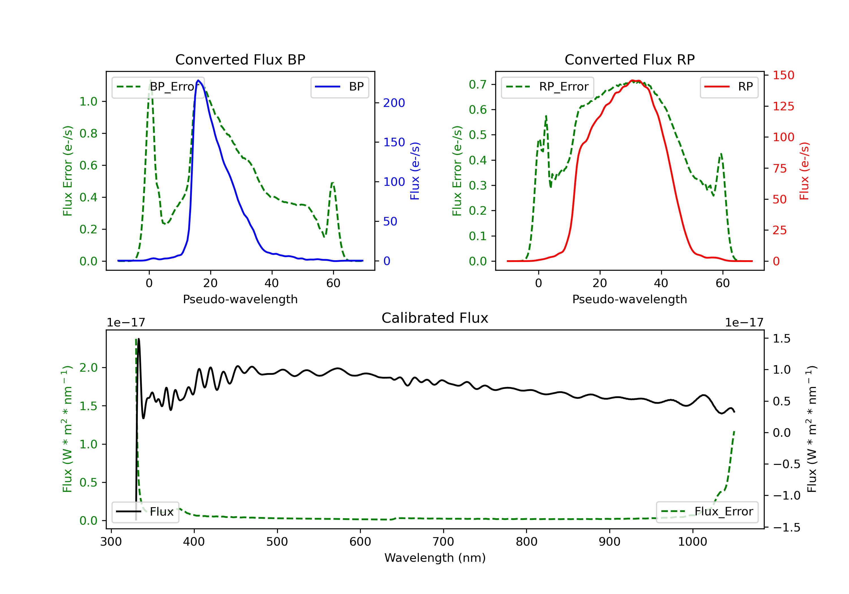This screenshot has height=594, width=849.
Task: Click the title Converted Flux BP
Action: tap(240, 59)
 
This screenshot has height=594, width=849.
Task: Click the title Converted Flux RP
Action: tap(629, 59)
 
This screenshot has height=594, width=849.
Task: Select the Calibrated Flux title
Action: tap(435, 318)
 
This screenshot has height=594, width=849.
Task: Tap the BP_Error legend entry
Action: tap(158, 87)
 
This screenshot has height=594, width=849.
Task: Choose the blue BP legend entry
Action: tap(339, 87)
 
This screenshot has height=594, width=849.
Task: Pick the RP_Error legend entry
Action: tap(547, 87)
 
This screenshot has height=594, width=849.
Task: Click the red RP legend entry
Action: tap(729, 87)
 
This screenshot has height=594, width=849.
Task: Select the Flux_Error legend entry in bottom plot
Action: tap(707, 512)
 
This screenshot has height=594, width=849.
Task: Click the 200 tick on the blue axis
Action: tap(394, 103)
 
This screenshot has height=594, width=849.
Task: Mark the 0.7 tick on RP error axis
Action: tap(478, 85)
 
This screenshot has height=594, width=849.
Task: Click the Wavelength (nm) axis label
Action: tap(435, 558)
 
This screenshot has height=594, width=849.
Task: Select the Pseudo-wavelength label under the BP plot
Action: tap(240, 299)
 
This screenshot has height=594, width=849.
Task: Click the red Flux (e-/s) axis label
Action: tap(804, 171)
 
